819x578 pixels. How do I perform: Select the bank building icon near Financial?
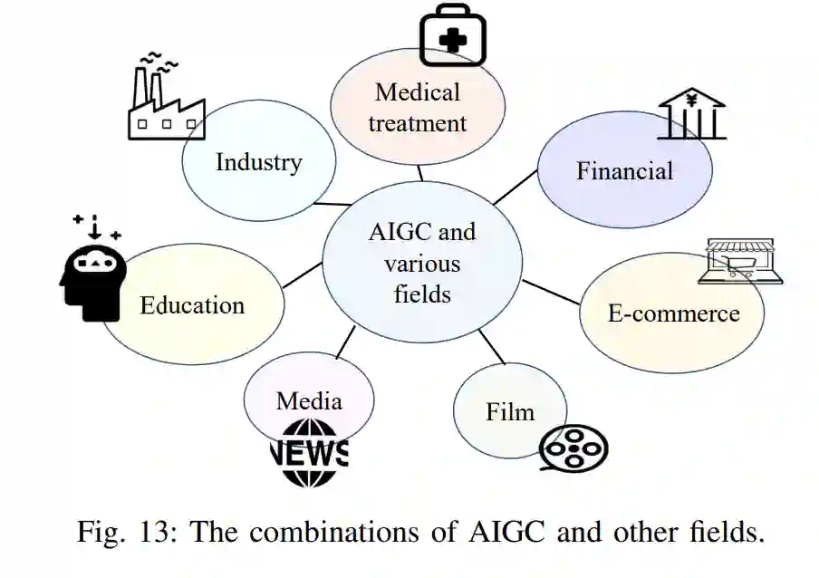click(691, 115)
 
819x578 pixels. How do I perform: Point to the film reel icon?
click(573, 448)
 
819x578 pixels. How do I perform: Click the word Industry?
click(258, 162)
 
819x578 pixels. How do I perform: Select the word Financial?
click(624, 170)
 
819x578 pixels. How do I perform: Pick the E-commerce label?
click(673, 313)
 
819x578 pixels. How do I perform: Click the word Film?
click(510, 412)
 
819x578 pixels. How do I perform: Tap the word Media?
click(309, 400)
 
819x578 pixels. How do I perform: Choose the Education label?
click(192, 305)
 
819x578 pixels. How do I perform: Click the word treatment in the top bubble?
click(418, 123)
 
